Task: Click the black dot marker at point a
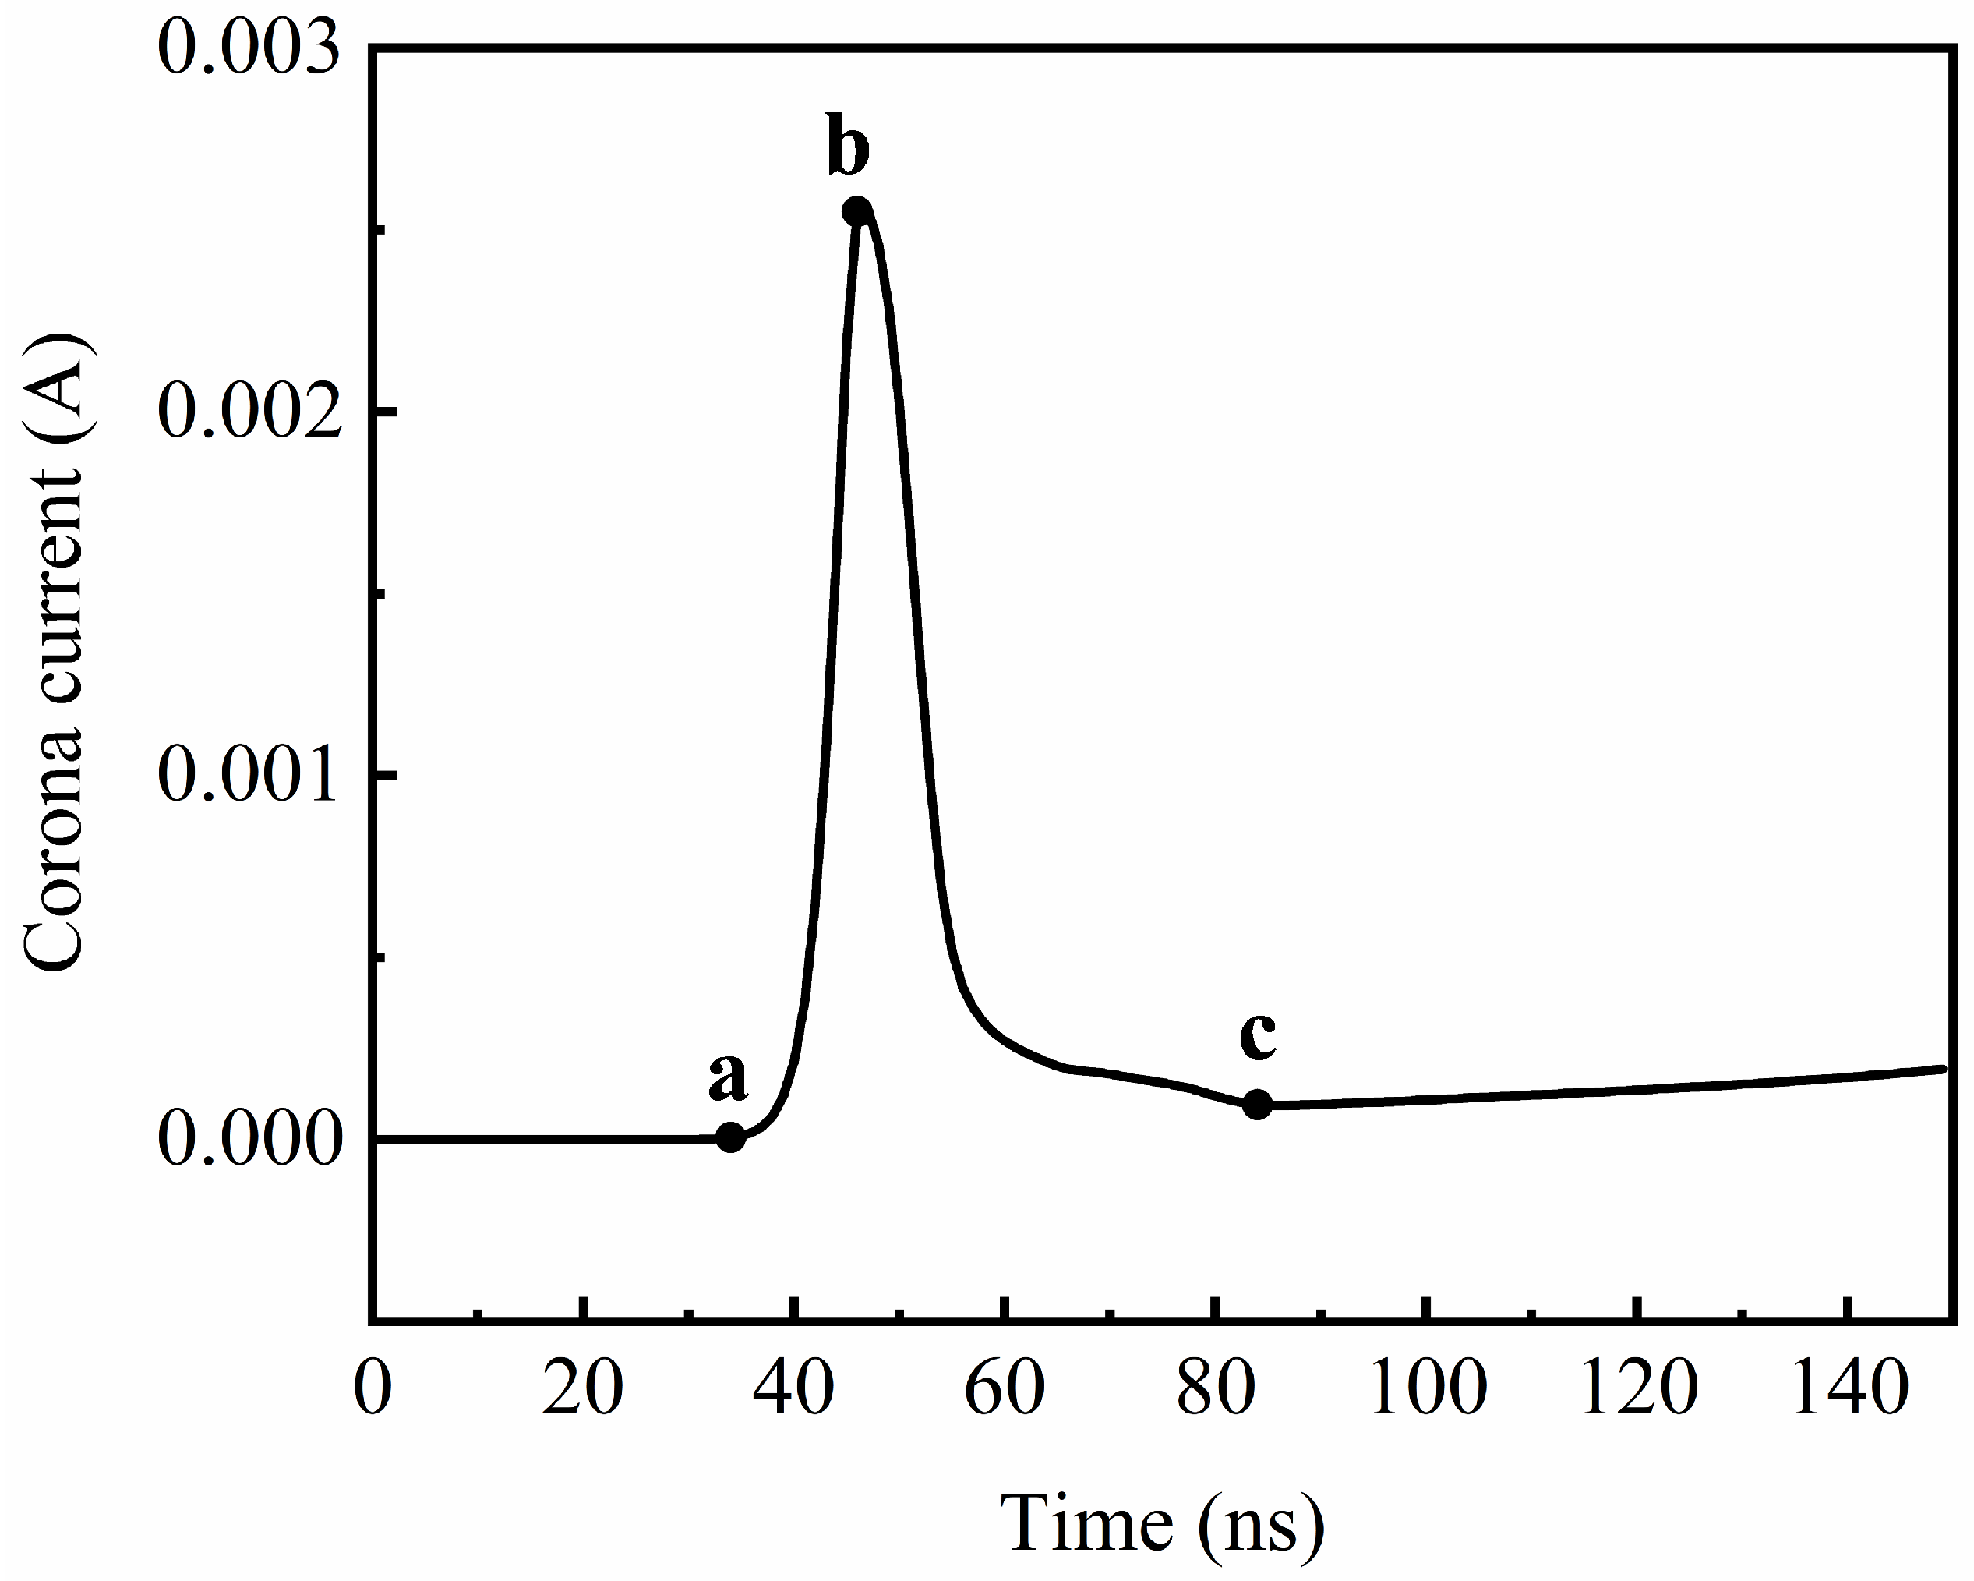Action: pyautogui.click(x=729, y=1137)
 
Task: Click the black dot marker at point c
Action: pyautogui.click(x=1258, y=1105)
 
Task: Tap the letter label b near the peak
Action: pyautogui.click(x=848, y=147)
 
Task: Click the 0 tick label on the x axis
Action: pyautogui.click(x=373, y=1388)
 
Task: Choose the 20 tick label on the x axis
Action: pyautogui.click(x=582, y=1388)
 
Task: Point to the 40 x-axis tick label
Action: pyautogui.click(x=794, y=1388)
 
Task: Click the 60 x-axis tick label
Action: pyautogui.click(x=1005, y=1388)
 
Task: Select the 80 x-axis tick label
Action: pyautogui.click(x=1215, y=1388)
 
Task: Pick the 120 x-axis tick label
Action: pyautogui.click(x=1638, y=1388)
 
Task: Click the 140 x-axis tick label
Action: pyautogui.click(x=1849, y=1388)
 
